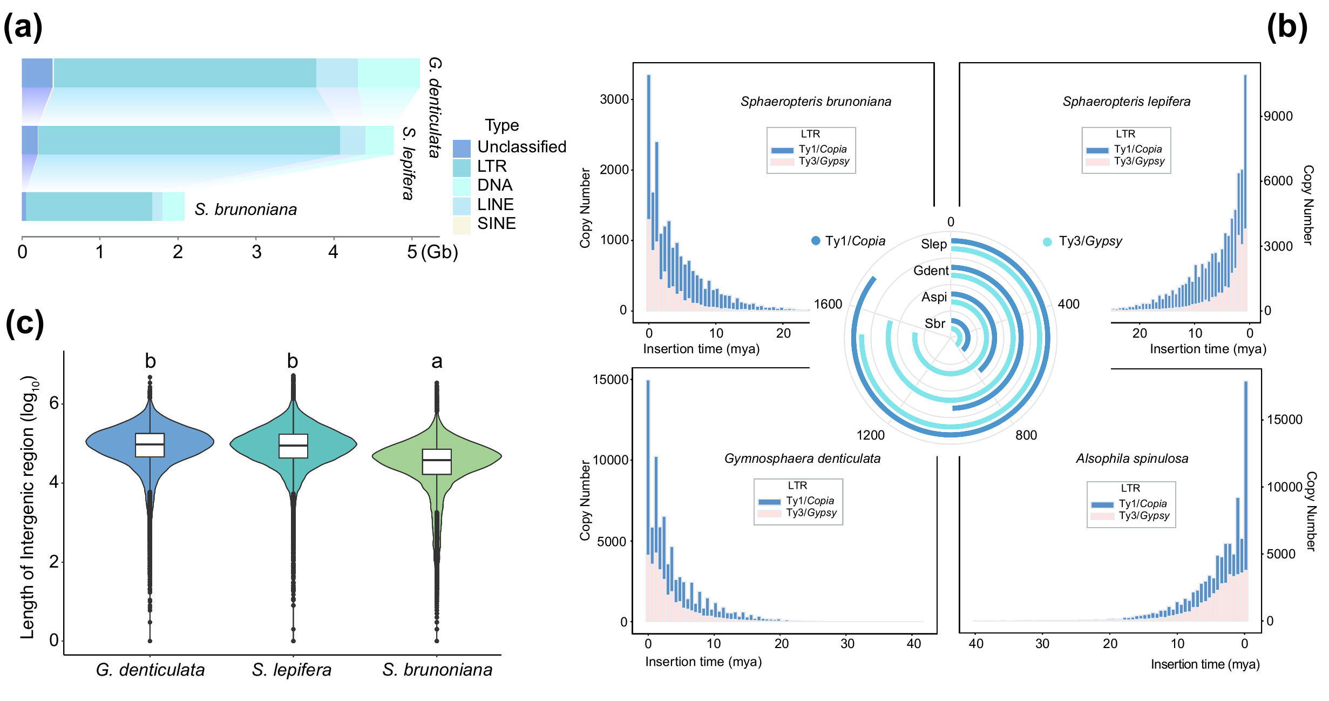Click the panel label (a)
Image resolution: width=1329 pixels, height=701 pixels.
[x=23, y=27]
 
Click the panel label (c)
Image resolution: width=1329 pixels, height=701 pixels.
[x=24, y=324]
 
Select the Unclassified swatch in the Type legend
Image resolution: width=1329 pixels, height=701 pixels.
[x=462, y=148]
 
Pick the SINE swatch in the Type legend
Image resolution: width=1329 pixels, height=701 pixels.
[x=462, y=225]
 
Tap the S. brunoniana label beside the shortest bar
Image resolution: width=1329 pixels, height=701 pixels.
[x=246, y=210]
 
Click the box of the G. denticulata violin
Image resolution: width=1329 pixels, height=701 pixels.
[x=150, y=445]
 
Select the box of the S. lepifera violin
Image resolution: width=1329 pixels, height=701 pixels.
[x=293, y=446]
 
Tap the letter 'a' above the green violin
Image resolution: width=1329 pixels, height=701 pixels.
[x=437, y=361]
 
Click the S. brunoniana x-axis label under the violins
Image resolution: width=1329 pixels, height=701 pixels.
[x=437, y=670]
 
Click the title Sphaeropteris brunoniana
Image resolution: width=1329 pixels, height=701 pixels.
[x=816, y=102]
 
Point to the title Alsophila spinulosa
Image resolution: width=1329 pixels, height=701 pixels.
[x=1132, y=459]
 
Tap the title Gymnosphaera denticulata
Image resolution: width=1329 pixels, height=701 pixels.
[x=802, y=459]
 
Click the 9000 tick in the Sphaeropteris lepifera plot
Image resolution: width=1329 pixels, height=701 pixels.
[x=1278, y=116]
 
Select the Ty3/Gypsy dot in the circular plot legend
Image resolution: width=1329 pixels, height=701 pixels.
[x=1047, y=242]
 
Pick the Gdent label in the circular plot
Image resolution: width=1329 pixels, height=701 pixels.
[x=931, y=271]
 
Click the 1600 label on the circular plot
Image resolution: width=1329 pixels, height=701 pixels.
[x=828, y=304]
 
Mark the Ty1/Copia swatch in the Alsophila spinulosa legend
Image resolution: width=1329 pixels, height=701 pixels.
[x=1102, y=505]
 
